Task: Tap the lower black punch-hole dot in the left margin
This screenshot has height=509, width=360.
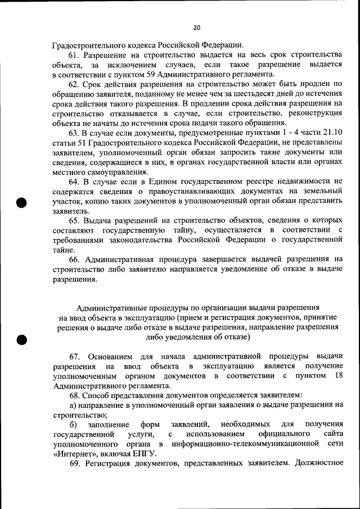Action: [x=22, y=339]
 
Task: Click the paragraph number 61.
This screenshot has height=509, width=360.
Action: [x=75, y=55]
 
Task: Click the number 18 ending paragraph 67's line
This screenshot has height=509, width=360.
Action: [x=337, y=376]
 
